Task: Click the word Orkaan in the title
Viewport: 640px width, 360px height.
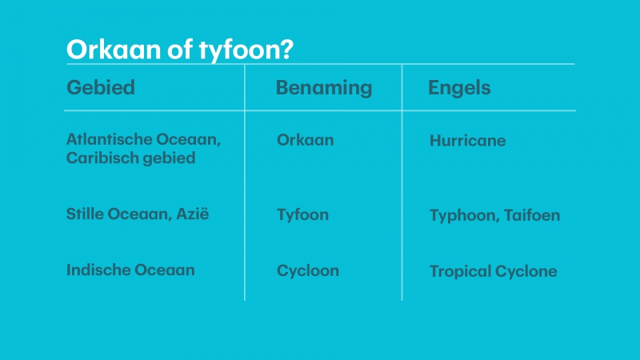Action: tap(114, 50)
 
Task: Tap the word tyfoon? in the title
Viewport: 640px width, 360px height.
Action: tap(246, 50)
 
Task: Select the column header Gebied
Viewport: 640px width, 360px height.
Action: tap(101, 87)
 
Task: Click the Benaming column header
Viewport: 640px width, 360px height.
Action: tap(324, 88)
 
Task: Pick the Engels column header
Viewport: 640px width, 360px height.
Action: tap(459, 88)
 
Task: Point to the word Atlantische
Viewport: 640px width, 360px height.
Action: tap(109, 139)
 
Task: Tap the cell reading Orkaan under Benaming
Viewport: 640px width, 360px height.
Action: tap(306, 140)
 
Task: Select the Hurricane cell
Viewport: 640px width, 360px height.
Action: tap(468, 141)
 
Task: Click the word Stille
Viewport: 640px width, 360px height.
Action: tap(85, 214)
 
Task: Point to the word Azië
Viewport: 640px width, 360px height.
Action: tap(193, 214)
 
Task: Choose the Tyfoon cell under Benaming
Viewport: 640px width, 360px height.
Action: tap(303, 215)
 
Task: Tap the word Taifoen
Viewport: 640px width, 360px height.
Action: tap(532, 215)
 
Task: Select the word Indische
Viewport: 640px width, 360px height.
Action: tap(98, 270)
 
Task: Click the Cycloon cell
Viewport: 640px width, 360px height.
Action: tap(308, 271)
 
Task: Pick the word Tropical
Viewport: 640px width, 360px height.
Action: tap(460, 272)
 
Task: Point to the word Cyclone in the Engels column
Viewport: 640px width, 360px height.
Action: tap(526, 271)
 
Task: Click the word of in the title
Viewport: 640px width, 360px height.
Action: tap(179, 49)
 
